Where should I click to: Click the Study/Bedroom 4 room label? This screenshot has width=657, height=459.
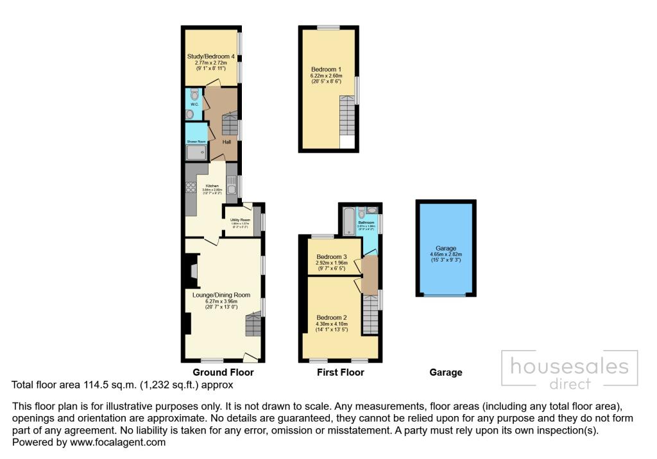point(210,56)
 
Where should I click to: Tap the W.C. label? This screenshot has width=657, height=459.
point(194,104)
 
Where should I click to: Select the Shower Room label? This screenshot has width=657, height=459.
point(196,142)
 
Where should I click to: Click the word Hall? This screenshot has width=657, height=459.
point(226,142)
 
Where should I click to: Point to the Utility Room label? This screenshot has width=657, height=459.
point(239,220)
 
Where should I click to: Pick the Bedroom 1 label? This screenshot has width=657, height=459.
point(326,69)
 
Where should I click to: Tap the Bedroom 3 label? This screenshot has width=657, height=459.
point(332,257)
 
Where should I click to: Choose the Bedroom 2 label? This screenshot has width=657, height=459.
point(331,317)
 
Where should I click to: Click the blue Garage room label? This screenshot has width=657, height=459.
point(446,248)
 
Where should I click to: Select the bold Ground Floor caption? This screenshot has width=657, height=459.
point(223,372)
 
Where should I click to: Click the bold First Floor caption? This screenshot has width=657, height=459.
point(340,372)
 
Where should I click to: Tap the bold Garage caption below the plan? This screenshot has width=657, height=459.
point(445,372)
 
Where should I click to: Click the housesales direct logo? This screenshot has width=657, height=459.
point(568,372)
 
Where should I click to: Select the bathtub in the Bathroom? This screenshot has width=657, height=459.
point(348,220)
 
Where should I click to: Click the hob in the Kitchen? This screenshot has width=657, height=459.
point(191,188)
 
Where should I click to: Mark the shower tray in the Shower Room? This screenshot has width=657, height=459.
point(196,152)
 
